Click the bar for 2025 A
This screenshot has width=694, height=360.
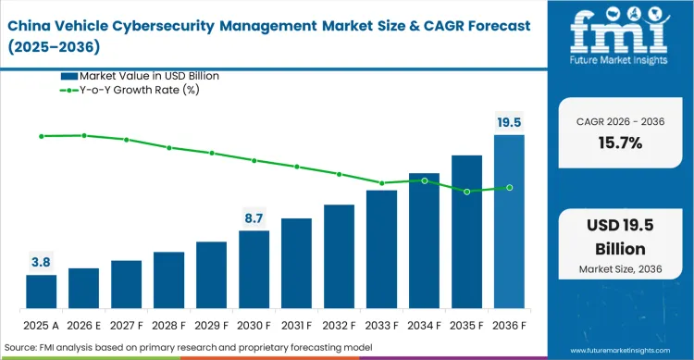click(x=41, y=292)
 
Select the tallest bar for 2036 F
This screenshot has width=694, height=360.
click(x=509, y=222)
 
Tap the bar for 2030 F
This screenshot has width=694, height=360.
click(x=254, y=269)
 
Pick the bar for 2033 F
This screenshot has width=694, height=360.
click(x=381, y=249)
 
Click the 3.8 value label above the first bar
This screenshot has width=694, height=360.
click(x=41, y=263)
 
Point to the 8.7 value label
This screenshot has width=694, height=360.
click(x=254, y=218)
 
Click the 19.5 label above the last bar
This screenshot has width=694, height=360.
click(x=509, y=122)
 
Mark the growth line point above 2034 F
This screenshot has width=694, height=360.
click(x=424, y=180)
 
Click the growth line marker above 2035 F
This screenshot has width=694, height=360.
click(x=466, y=192)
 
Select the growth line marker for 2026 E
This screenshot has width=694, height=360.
click(x=83, y=135)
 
